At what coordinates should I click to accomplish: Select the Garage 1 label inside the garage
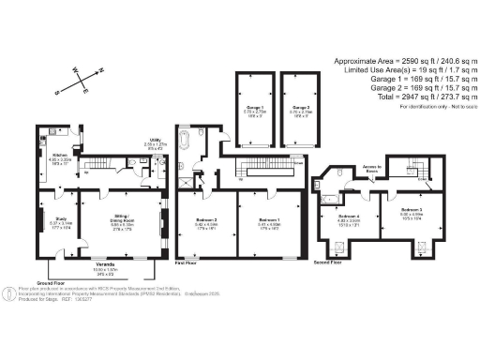(x=253, y=108)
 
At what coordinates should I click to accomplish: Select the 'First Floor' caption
(x=187, y=263)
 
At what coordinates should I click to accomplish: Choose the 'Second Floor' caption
(x=327, y=262)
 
